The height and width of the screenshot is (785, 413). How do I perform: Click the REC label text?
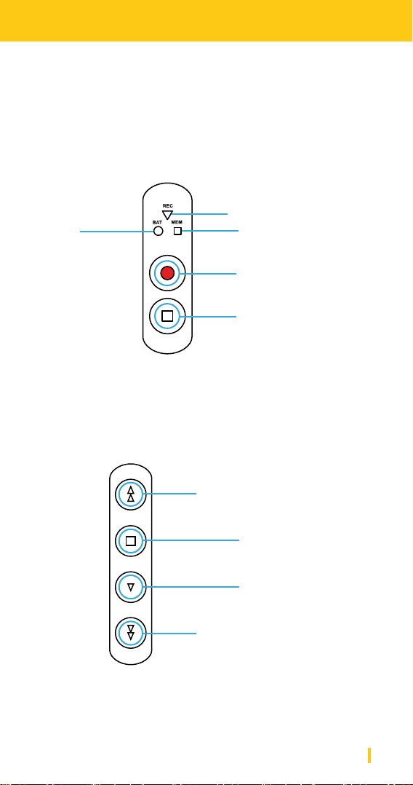pyautogui.click(x=167, y=205)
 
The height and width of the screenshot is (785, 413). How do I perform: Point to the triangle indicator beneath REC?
pyautogui.click(x=167, y=214)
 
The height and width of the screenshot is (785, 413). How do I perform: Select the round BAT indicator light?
pyautogui.click(x=159, y=232)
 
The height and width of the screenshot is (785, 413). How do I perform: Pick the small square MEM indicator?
pyautogui.click(x=177, y=232)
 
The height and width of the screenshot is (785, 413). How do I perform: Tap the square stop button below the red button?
pyautogui.click(x=167, y=316)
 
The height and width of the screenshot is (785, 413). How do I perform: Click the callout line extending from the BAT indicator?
pyautogui.click(x=117, y=232)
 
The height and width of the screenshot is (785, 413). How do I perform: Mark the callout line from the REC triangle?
pyautogui.click(x=199, y=214)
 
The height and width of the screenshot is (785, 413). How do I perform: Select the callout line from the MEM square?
pyautogui.click(x=209, y=231)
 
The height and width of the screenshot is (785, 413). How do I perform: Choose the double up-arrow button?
pyautogui.click(x=130, y=494)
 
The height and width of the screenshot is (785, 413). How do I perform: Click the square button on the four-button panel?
pyautogui.click(x=130, y=540)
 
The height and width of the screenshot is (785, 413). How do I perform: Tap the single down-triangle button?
pyautogui.click(x=130, y=587)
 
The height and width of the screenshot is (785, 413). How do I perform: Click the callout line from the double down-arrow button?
pyautogui.click(x=169, y=634)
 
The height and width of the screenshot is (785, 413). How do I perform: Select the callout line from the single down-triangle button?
pyautogui.click(x=191, y=587)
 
